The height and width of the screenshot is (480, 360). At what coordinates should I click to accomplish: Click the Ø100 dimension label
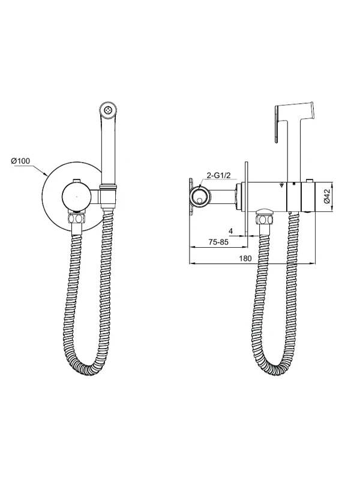click(20, 161)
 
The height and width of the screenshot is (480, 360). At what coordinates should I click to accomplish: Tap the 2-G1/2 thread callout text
click(218, 175)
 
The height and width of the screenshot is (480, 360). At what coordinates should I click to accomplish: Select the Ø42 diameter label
click(326, 197)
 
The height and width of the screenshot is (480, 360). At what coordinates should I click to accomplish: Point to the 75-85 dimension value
click(218, 242)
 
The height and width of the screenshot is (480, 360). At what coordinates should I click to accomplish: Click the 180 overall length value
click(245, 259)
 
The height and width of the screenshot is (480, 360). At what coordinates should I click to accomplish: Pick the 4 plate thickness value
click(231, 231)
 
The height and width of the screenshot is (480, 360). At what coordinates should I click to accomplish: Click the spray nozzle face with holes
click(107, 110)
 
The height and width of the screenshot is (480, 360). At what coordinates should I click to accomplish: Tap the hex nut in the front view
click(76, 220)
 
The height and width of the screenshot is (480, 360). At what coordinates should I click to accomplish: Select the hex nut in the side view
click(265, 220)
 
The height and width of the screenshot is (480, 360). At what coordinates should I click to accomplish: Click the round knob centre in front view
click(77, 197)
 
